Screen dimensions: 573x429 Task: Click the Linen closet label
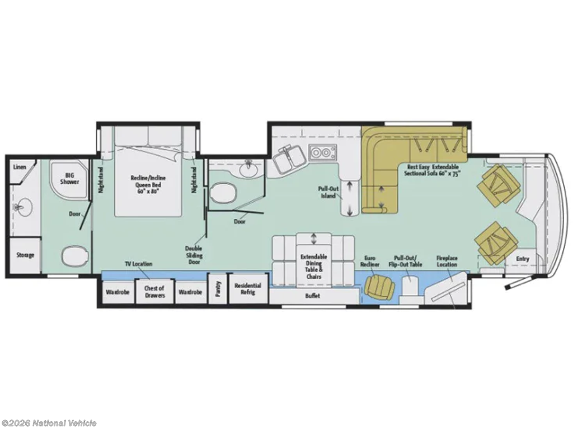point(20,167)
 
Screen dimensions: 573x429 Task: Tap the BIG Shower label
point(69,178)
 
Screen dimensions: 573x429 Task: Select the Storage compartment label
point(25,255)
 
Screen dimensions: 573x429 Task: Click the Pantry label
point(219,289)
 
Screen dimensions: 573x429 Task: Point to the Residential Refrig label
point(247,289)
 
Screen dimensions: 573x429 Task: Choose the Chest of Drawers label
point(154,292)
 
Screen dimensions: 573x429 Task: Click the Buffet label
point(312,296)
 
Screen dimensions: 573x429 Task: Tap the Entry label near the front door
point(522,259)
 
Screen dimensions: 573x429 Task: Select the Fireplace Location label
point(447,261)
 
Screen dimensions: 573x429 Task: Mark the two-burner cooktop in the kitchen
point(322,152)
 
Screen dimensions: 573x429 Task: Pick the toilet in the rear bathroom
point(75,256)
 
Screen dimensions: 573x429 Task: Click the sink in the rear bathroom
point(22,207)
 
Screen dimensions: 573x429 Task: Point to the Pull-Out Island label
point(328,192)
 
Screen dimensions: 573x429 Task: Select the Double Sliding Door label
point(193,255)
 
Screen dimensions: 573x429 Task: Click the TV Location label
point(139,264)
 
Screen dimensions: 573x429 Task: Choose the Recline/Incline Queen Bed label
point(148,184)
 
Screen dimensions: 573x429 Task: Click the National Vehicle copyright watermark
point(49,423)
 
